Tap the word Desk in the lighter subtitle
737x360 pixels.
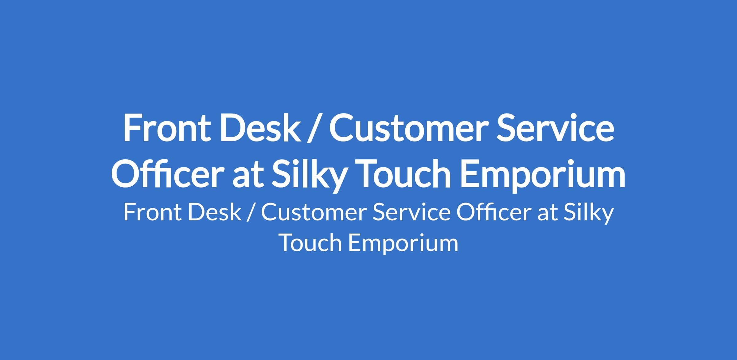click(215, 212)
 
